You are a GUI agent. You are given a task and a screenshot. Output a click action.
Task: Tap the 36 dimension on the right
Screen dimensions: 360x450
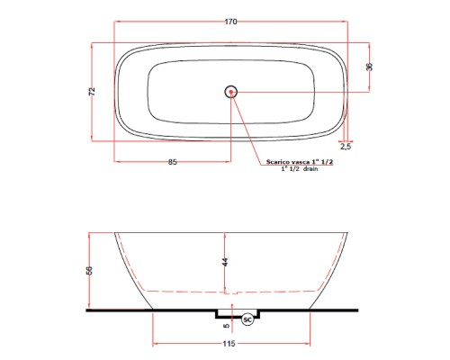[369, 66]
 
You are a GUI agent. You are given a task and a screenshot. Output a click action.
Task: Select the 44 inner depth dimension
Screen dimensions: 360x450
[225, 262]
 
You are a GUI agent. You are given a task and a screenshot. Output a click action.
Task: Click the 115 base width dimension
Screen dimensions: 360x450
[232, 346]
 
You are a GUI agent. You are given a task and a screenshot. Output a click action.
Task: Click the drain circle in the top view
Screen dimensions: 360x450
[231, 91]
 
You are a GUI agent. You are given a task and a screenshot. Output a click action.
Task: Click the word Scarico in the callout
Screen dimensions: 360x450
[276, 162]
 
